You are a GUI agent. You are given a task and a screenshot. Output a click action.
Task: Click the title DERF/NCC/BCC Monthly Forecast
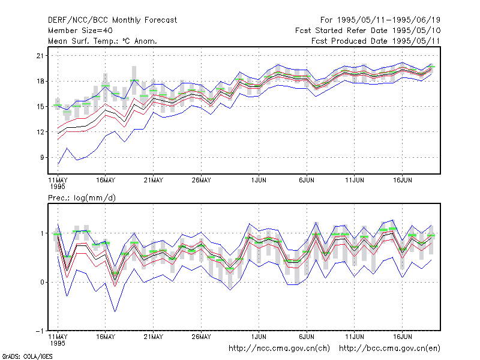[112, 20]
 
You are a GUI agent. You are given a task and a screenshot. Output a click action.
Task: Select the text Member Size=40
[80, 31]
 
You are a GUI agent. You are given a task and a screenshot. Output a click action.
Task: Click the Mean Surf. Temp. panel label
[103, 41]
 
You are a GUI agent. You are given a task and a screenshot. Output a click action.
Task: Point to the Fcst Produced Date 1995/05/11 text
[376, 41]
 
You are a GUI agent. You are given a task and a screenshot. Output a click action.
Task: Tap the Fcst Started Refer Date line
[368, 31]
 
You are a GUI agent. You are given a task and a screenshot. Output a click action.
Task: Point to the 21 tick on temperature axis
[40, 56]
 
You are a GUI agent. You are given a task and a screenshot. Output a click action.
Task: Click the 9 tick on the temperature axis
[42, 157]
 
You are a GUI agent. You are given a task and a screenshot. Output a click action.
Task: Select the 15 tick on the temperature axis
[40, 107]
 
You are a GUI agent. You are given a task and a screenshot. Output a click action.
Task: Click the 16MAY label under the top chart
[106, 180]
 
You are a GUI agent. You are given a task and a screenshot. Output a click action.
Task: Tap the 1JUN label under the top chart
[259, 180]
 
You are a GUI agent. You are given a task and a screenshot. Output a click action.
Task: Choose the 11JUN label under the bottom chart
[355, 337]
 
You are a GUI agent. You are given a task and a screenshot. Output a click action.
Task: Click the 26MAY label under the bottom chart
[201, 337]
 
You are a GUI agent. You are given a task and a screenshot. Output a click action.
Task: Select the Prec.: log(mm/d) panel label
[82, 198]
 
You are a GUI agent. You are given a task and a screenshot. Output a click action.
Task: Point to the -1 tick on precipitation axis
[40, 331]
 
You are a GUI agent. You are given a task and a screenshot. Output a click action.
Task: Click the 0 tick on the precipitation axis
[42, 282]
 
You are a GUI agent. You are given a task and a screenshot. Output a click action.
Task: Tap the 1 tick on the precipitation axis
[42, 233]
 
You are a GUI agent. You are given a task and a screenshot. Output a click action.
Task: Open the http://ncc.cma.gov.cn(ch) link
[279, 349]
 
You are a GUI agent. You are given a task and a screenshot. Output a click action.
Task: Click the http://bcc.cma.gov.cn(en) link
[389, 349]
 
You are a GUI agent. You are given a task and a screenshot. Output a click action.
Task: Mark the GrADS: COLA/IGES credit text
[27, 356]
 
